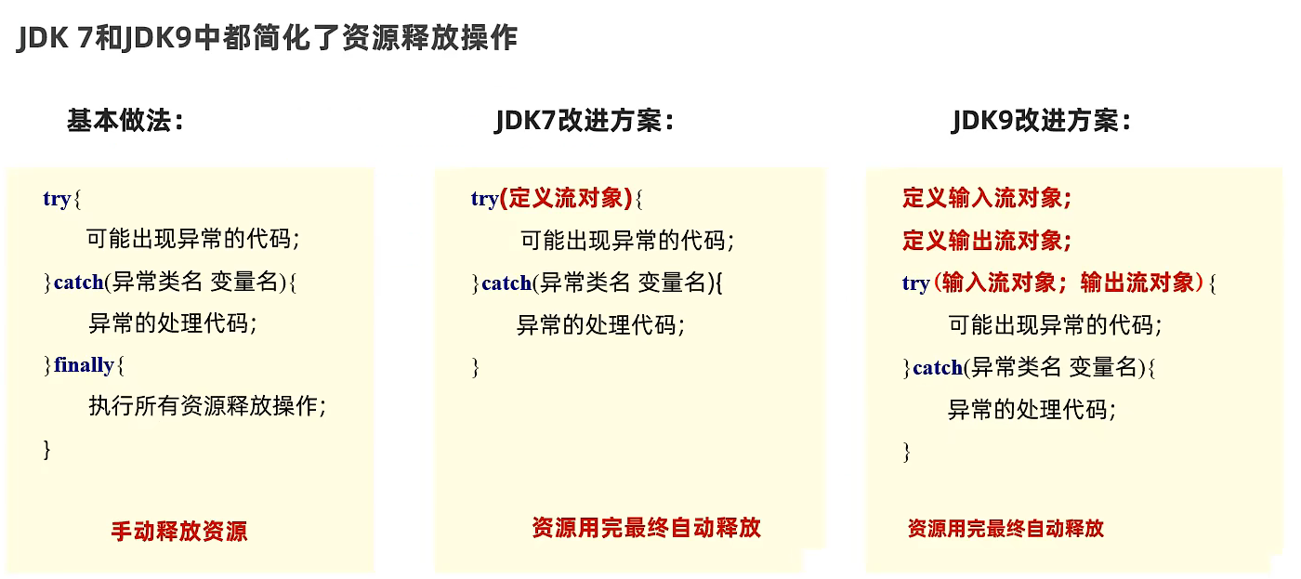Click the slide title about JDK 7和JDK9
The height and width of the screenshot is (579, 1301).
pos(267,38)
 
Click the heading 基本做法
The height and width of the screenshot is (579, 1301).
pos(125,120)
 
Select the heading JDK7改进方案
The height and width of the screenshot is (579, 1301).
pos(584,121)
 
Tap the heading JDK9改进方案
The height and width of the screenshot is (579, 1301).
pos(1041,121)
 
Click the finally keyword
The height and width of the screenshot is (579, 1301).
pos(84,365)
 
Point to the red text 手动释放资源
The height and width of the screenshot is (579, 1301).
pos(179,532)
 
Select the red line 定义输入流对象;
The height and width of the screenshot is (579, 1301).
pos(987,198)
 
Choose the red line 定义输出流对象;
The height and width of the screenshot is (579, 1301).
pos(987,241)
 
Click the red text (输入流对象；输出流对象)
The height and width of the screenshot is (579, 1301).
pos(1069,283)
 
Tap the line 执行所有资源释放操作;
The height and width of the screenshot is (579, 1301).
pos(207,406)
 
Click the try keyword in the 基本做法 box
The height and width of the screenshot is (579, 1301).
pos(57,199)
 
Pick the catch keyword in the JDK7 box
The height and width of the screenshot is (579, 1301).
pos(506,283)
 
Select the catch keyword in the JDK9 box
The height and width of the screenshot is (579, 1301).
pos(938,368)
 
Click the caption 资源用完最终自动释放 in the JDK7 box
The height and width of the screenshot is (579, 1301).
pos(646,528)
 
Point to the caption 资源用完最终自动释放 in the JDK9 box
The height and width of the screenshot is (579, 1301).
pos(1005,529)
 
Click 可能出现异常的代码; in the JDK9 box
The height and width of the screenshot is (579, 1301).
pos(1055,325)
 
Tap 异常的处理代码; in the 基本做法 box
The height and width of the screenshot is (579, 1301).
pos(172,323)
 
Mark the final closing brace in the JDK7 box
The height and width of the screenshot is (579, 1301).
pos(476,368)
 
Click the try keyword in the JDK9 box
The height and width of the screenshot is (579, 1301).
pos(915,283)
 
